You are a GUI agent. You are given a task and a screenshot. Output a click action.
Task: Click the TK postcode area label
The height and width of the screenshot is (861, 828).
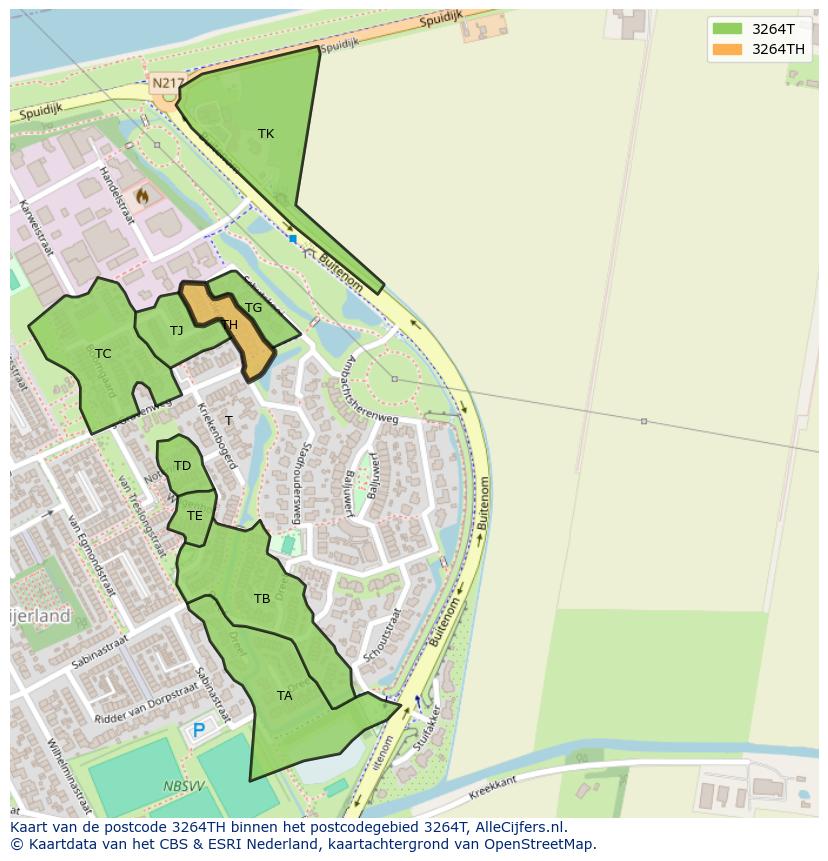(266, 134)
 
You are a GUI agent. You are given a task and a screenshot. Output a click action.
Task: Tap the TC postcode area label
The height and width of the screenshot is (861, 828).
(103, 354)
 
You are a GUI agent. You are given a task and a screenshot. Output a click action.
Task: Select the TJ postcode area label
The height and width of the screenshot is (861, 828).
(177, 331)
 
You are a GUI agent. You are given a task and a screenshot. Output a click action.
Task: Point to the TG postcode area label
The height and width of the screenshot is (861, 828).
(254, 308)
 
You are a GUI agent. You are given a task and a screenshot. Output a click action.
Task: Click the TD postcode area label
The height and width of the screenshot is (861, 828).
(182, 466)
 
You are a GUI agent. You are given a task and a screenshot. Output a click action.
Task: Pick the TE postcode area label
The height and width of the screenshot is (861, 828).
(194, 516)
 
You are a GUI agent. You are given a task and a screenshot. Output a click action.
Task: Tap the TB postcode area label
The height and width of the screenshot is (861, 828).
(262, 599)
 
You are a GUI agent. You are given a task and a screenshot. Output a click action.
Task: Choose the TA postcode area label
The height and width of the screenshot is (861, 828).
(285, 696)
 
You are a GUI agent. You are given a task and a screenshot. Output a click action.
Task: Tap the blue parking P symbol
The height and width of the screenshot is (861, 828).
(199, 731)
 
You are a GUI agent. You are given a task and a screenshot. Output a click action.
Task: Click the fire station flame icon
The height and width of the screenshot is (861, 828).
(142, 197)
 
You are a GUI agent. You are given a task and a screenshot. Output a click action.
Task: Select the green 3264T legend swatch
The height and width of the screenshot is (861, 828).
(727, 29)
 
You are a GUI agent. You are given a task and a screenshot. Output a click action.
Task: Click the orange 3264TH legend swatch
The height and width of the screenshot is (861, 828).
(727, 49)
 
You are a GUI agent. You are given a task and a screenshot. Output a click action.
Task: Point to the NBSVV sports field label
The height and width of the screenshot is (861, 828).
(182, 787)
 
